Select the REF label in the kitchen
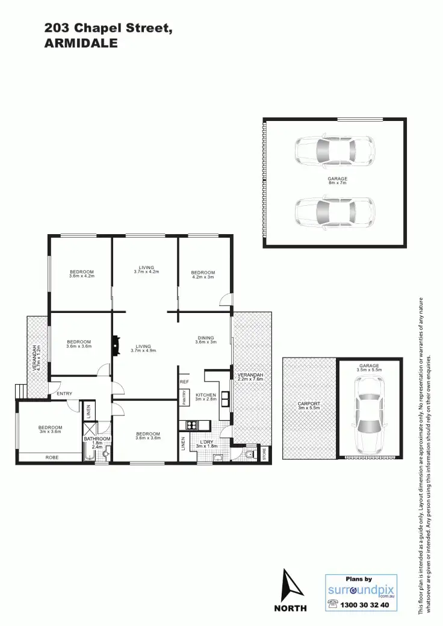184,382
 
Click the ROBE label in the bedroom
52,458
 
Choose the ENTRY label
64,394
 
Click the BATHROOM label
98,439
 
